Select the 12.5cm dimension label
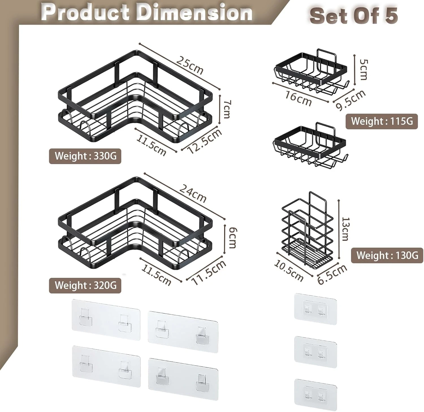coord(205,141)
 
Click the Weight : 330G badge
coord(85,156)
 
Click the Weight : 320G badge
coord(85,285)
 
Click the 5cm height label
coord(363,69)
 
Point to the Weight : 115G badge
coord(382,121)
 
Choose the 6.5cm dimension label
coord(332,274)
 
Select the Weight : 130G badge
coord(387,255)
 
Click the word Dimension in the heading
coord(196,12)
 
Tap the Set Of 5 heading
coord(354,16)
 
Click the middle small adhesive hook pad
coord(315,352)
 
